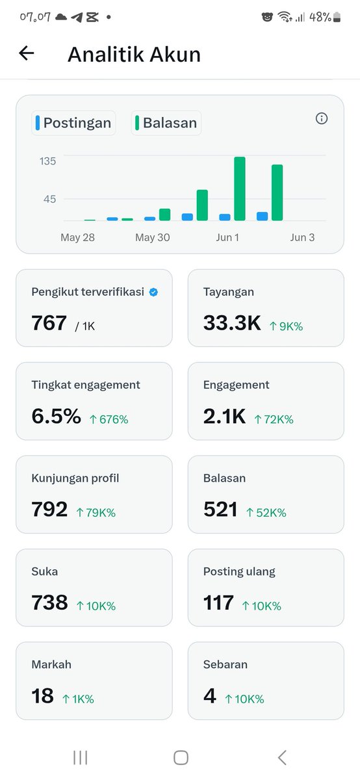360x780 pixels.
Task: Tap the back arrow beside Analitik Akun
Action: [27, 53]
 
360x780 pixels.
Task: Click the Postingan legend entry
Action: [73, 123]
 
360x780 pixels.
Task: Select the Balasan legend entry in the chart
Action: [166, 123]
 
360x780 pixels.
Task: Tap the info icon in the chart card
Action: [322, 118]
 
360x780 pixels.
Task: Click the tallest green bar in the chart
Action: [240, 188]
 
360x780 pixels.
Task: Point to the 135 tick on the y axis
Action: [47, 161]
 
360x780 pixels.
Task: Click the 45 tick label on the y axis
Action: [49, 199]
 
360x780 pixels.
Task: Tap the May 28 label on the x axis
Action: [77, 237]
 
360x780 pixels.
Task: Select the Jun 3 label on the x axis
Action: [303, 237]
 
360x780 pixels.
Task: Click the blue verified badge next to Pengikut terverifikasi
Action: [153, 292]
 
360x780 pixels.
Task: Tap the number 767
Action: [49, 323]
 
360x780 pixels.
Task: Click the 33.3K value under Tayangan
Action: [232, 323]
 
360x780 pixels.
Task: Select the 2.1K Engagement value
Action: [225, 416]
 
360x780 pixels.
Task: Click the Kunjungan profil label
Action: [75, 478]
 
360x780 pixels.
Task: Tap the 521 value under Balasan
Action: [220, 510]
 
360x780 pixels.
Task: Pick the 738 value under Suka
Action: [49, 603]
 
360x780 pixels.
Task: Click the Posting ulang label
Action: [239, 572]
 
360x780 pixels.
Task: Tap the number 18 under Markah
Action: [42, 695]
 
